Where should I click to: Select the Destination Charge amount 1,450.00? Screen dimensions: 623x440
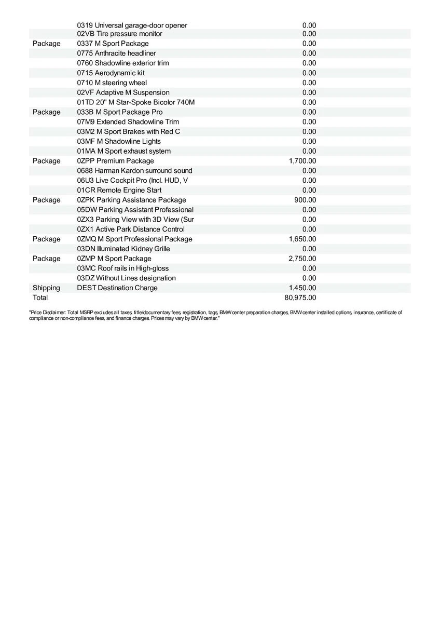tap(302, 288)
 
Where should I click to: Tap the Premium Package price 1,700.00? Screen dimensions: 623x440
tap(302, 161)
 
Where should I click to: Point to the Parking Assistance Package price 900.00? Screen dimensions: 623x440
tap(305, 200)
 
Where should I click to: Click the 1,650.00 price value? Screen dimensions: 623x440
tap(302, 239)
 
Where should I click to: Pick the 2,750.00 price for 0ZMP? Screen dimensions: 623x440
tap(302, 259)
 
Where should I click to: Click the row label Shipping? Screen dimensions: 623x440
tap(46, 288)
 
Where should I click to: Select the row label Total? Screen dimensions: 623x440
tap(40, 298)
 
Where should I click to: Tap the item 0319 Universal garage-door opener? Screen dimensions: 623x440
tap(132, 25)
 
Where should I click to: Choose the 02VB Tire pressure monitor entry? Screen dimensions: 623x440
tap(119, 34)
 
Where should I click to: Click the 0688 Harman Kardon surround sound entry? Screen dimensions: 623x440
tap(134, 171)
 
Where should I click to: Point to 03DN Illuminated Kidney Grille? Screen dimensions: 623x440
tap(123, 249)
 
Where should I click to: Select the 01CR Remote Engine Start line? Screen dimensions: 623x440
tap(119, 191)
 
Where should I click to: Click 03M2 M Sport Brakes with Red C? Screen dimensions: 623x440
tap(129, 132)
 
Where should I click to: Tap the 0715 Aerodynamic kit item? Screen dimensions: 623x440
tap(111, 73)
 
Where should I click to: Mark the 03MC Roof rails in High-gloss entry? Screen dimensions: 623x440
tap(122, 268)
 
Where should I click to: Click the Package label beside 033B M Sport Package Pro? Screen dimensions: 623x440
tap(46, 112)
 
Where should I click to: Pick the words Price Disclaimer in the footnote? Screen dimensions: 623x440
tap(47, 313)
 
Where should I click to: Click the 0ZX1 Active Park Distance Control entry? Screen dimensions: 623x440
tap(131, 229)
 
